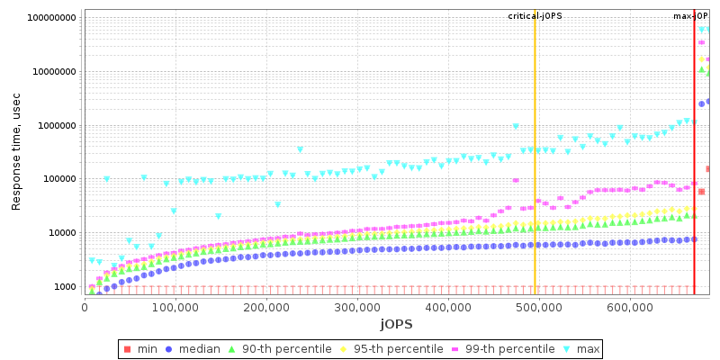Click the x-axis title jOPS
396,323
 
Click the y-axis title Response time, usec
16,153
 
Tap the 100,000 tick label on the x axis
175,307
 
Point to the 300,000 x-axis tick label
356,307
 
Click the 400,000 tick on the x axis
447,307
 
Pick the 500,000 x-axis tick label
538,307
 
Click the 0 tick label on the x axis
84,307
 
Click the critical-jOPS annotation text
535,16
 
